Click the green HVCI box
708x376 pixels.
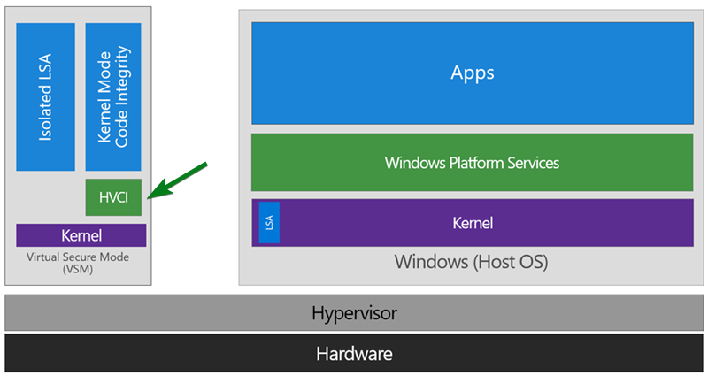(113, 197)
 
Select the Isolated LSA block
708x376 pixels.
(46, 97)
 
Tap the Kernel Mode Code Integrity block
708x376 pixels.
(113, 97)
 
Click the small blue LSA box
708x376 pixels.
(269, 223)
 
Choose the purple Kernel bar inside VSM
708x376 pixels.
(81, 235)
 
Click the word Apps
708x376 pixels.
(473, 73)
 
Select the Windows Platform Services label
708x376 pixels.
(472, 163)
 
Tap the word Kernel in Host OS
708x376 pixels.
(473, 223)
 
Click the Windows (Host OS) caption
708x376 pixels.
(472, 262)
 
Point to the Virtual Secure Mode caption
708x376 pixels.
(78, 257)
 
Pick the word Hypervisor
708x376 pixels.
(355, 313)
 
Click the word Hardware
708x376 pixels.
(355, 354)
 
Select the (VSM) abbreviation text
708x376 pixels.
(78, 270)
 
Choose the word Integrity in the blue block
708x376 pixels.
(121, 76)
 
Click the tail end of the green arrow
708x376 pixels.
(206, 164)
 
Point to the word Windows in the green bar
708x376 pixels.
(415, 163)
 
